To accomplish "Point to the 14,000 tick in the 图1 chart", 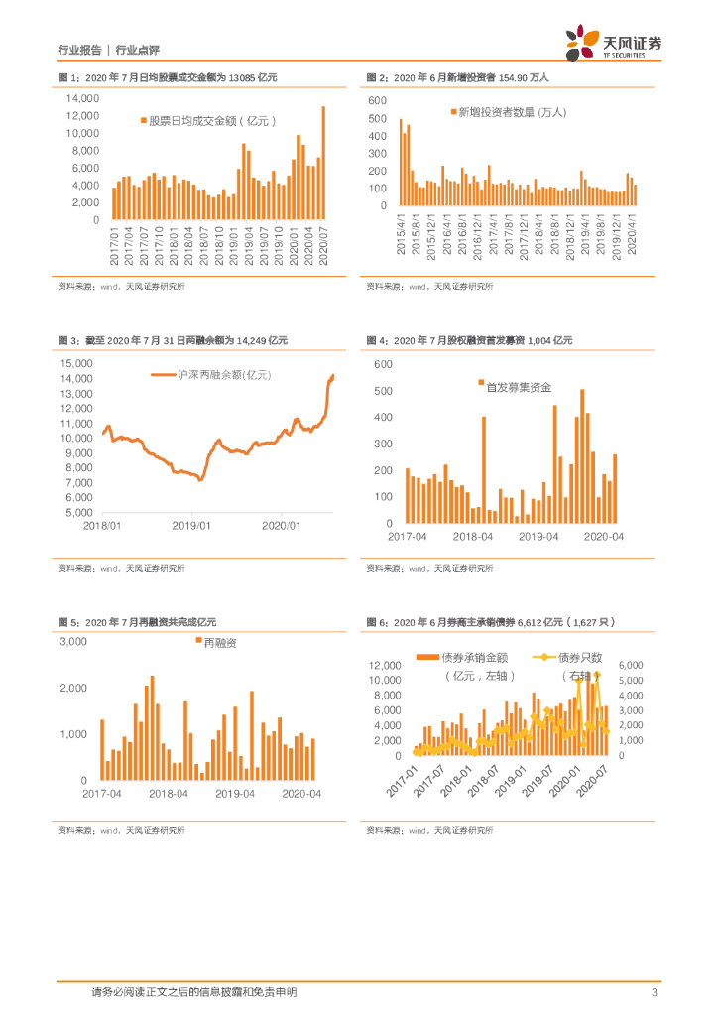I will point(82,99).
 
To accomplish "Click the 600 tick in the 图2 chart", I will point(377,101).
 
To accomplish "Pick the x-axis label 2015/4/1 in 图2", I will point(401,234).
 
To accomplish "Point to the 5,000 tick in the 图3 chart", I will point(78,513).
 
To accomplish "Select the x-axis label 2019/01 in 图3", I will point(188,526).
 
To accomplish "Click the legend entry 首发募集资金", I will point(517,386).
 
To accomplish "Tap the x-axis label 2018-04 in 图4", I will point(473,536).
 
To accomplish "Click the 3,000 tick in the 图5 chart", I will point(73,642).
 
